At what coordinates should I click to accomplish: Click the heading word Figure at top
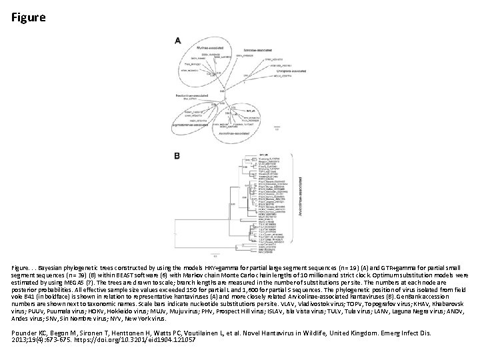click(29, 17)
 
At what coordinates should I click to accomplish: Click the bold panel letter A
click(178, 41)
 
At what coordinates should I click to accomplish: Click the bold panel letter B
click(177, 155)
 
